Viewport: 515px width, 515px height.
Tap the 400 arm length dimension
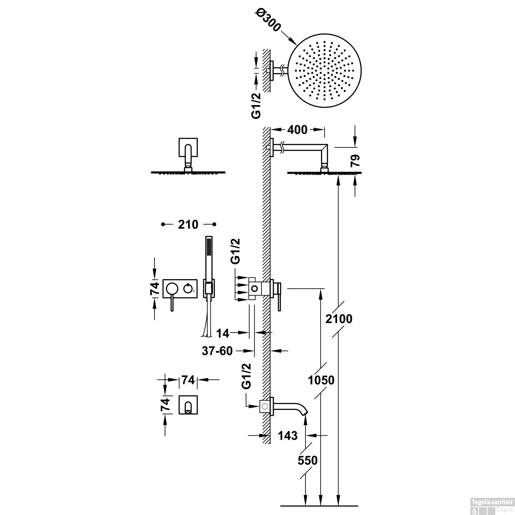297,130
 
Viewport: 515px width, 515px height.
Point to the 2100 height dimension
339,319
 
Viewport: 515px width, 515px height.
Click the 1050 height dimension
321,380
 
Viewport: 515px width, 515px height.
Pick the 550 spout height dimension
308,460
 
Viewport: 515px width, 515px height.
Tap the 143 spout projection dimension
288,435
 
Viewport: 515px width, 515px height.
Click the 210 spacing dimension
188,225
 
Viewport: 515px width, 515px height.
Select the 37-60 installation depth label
217,351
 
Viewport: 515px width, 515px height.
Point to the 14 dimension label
223,333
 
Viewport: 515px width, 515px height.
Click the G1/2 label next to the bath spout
247,376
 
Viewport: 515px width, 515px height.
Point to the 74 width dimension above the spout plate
188,380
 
